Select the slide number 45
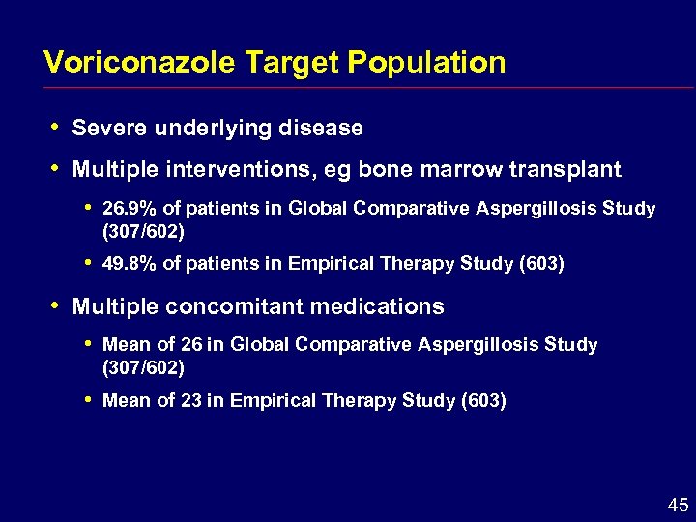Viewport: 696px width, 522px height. (x=676, y=505)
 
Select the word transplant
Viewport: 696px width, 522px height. (x=567, y=170)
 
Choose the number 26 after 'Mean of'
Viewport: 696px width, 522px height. (x=189, y=345)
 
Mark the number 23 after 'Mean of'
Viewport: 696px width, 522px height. (x=189, y=401)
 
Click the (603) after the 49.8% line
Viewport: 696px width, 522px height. (x=542, y=265)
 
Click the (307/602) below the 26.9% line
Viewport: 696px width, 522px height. (x=143, y=232)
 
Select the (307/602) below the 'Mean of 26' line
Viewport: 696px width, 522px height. (x=143, y=368)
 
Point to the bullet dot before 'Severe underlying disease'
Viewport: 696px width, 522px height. (x=55, y=127)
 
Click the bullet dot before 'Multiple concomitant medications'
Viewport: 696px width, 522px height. (x=55, y=306)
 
